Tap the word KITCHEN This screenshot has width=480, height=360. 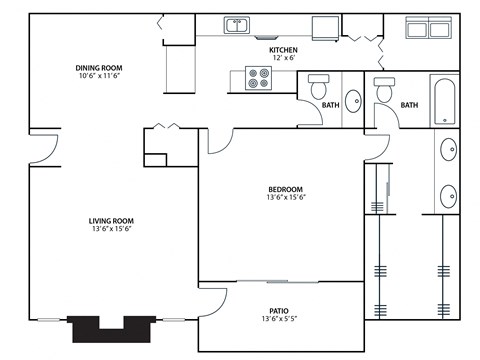click(x=284, y=50)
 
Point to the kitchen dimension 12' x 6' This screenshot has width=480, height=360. click(x=284, y=58)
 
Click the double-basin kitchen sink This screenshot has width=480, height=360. click(x=237, y=26)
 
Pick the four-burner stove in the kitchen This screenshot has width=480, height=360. click(x=259, y=78)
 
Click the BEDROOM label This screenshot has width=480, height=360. click(x=285, y=189)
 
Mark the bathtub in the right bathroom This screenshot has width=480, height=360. click(x=445, y=100)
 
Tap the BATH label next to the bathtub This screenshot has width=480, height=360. click(x=409, y=105)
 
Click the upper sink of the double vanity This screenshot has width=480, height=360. click(x=446, y=152)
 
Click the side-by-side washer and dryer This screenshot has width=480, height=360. click(x=431, y=28)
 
